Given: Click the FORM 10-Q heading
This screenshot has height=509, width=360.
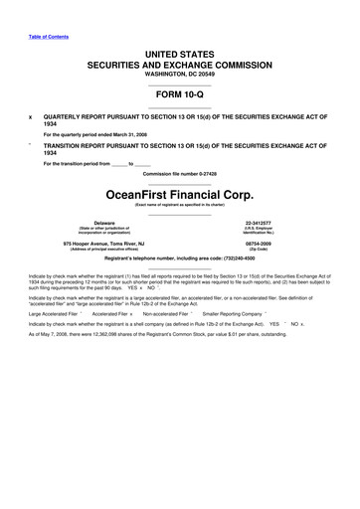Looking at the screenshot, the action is coord(179,95).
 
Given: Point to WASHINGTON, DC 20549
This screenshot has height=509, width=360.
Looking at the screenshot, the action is coord(179,74).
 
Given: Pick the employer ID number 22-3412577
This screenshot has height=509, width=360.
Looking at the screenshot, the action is coord(258,224).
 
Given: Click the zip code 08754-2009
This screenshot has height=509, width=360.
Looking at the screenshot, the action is coord(258,243).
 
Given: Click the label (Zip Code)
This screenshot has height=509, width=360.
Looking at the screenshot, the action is coord(258,249).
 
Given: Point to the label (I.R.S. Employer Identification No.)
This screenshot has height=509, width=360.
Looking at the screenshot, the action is coord(258,232).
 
